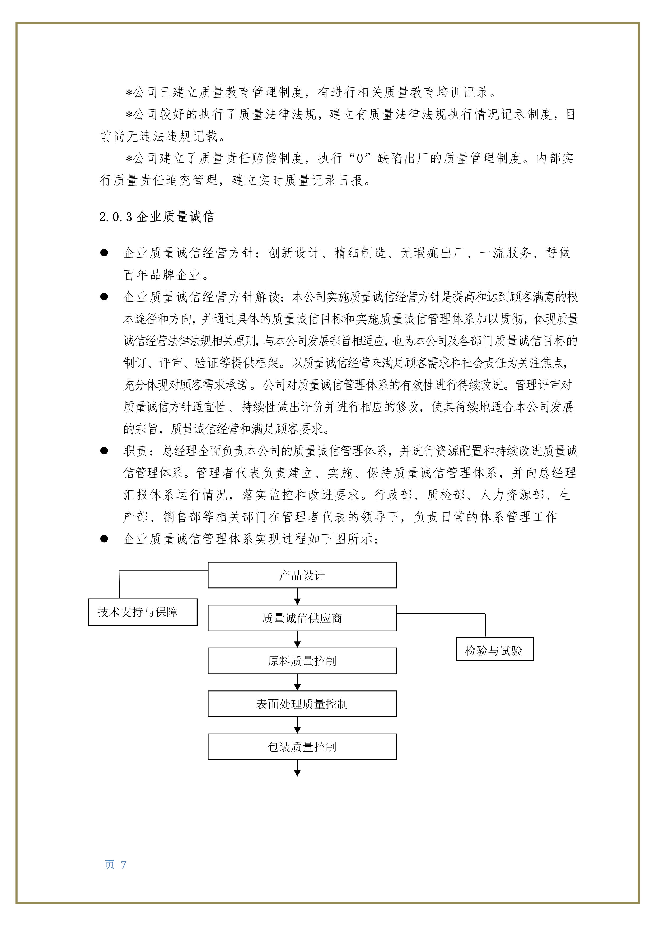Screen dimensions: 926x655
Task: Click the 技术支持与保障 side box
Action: point(143,612)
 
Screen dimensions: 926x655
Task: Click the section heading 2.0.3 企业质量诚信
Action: point(157,217)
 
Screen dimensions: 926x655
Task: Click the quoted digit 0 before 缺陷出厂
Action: point(360,158)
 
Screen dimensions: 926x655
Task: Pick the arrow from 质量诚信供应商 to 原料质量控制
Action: point(297,640)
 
